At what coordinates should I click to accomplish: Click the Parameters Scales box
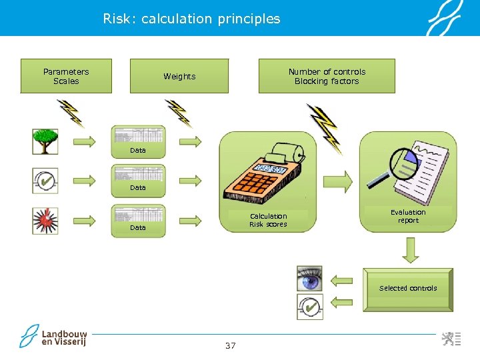point(66,76)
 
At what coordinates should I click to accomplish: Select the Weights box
point(179,76)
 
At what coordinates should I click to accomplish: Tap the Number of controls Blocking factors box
point(327,76)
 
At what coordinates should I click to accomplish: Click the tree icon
point(45,141)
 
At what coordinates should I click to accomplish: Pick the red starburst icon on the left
point(45,221)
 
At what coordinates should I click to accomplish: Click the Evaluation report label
point(408,217)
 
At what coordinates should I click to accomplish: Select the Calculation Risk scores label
point(268,220)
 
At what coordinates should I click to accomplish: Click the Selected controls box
point(408,289)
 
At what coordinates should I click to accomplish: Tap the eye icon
point(310,279)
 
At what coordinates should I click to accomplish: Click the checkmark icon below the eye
point(310,307)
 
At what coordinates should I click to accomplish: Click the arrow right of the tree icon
point(83,141)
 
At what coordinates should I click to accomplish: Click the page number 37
point(231,345)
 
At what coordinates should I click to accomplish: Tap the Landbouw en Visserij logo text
point(64,337)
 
